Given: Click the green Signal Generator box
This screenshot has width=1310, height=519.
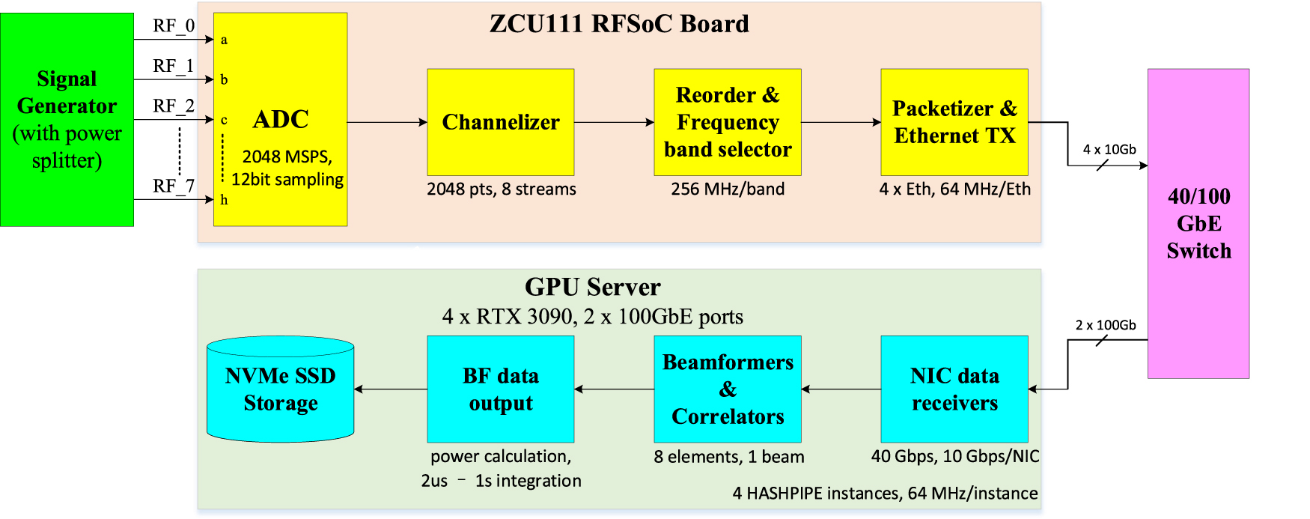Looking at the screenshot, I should tap(67, 119).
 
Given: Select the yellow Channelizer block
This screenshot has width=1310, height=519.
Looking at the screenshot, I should tap(500, 122).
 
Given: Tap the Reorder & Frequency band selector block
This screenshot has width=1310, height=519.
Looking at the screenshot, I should tap(727, 122).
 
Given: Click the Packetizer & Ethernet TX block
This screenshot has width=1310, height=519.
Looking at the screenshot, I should tap(954, 122).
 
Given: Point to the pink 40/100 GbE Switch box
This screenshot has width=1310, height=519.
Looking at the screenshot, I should tap(1198, 223).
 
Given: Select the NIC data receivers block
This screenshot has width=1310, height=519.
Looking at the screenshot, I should tap(954, 389).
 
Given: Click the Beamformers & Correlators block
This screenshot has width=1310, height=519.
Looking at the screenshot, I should tap(727, 389).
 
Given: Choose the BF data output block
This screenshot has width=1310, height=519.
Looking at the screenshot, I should tap(500, 389).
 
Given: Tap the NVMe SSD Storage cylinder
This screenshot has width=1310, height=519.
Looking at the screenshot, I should tap(280, 389).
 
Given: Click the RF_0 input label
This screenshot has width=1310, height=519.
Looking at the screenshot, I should tap(174, 25).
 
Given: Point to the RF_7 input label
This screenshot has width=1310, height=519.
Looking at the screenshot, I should tap(174, 185).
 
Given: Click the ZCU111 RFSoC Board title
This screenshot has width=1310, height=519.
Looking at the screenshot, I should tap(619, 24).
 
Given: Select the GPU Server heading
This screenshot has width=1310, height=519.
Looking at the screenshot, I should tap(592, 287).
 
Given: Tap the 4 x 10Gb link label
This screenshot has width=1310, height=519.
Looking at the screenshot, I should tap(1109, 149).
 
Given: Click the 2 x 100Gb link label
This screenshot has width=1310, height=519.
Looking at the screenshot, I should tap(1105, 325).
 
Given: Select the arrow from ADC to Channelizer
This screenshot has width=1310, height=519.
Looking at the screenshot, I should tap(387, 122).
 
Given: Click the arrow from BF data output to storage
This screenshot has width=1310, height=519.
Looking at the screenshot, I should tap(390, 389).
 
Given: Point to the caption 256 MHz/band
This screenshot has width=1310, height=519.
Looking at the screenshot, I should tap(727, 189).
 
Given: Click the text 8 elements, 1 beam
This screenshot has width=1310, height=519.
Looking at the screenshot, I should tap(728, 456).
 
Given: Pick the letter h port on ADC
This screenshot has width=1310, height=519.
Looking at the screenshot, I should tap(224, 200).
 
